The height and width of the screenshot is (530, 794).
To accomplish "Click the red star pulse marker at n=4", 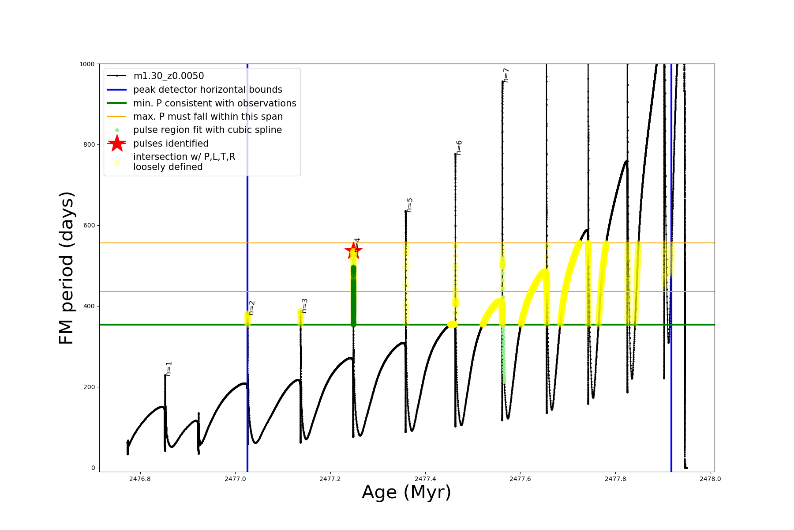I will [x=353, y=251].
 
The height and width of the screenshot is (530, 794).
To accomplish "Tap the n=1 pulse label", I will [x=169, y=369].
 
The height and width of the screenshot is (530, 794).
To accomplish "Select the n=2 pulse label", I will [x=252, y=308].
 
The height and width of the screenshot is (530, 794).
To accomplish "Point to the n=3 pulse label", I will [x=305, y=306].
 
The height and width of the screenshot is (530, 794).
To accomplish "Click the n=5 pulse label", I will [x=410, y=205].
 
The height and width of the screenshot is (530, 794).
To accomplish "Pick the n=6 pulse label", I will [x=459, y=148].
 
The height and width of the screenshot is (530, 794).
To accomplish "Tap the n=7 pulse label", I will [x=506, y=75].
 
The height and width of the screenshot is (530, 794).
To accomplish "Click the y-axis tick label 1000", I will [x=87, y=64].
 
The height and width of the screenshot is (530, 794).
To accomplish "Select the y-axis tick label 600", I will [x=89, y=226].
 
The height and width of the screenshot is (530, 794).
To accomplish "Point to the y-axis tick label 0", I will [x=93, y=468].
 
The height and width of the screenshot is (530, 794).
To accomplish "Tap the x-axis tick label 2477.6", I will [x=520, y=479].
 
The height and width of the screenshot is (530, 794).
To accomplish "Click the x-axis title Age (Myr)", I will [x=406, y=492].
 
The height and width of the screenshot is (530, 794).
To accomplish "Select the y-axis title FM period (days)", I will [x=66, y=268].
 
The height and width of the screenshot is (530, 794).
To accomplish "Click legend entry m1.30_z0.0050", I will [x=169, y=76].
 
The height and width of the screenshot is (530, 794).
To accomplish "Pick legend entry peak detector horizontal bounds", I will [x=207, y=90].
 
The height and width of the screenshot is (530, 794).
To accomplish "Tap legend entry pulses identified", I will [x=171, y=144].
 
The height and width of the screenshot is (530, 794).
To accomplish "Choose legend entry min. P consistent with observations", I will [x=214, y=103].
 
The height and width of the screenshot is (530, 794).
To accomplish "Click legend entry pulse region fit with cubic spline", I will [x=207, y=130].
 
